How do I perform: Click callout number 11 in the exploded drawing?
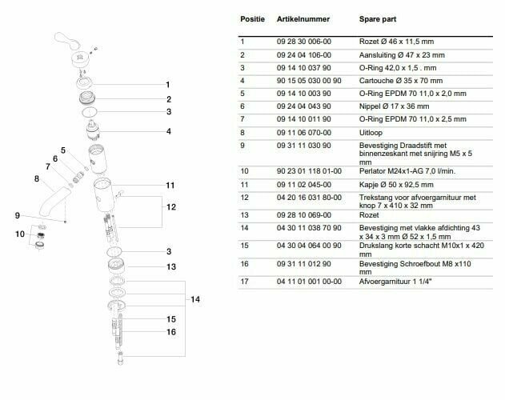(169, 186)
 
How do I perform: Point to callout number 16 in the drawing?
(170, 331)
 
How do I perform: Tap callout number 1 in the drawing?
(168, 84)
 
